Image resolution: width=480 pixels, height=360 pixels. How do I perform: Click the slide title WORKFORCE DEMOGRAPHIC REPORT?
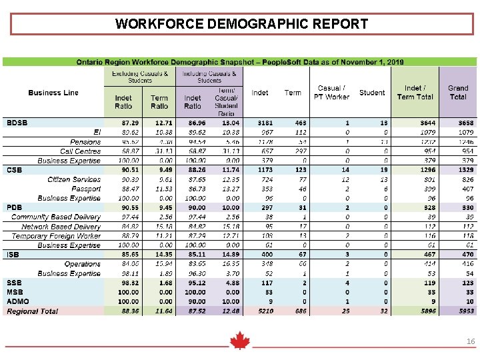pyautogui.click(x=241, y=25)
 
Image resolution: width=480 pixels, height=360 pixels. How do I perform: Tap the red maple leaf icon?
pyautogui.click(x=239, y=341)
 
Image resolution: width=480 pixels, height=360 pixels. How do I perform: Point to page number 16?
pyautogui.click(x=471, y=341)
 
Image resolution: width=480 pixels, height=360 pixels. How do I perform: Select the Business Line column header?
pyautogui.click(x=53, y=93)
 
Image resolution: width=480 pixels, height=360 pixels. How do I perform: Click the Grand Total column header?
pyautogui.click(x=458, y=93)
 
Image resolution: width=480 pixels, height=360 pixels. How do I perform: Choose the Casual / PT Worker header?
pyautogui.click(x=331, y=93)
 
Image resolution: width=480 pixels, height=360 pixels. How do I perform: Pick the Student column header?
pyautogui.click(x=372, y=93)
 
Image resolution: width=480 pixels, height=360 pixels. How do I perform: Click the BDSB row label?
pyautogui.click(x=17, y=123)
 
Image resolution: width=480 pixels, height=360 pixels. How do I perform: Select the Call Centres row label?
pyautogui.click(x=80, y=151)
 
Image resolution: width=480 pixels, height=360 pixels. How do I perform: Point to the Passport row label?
pyautogui.click(x=86, y=189)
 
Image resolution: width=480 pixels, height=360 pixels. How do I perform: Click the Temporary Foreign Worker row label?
pyautogui.click(x=56, y=236)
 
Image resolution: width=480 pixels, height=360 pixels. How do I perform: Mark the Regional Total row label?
pyautogui.click(x=33, y=311)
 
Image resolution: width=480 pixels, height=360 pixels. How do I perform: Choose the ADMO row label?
pyautogui.click(x=18, y=301)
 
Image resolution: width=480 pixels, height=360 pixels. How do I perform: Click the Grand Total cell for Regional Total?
pyautogui.click(x=458, y=311)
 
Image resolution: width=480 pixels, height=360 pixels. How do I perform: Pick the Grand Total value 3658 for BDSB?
pyautogui.click(x=458, y=123)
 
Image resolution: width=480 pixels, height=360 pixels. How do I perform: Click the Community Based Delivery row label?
pyautogui.click(x=56, y=217)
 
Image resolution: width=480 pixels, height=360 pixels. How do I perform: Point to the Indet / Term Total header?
pyautogui.click(x=415, y=93)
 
